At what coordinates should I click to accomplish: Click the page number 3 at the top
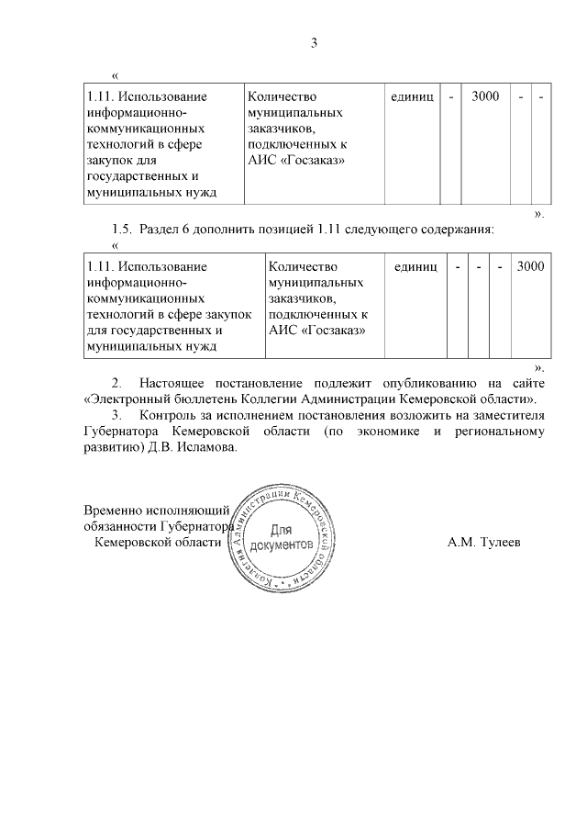[x=313, y=42]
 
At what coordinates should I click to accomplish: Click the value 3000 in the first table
[x=485, y=96]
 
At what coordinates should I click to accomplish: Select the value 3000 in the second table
[x=530, y=266]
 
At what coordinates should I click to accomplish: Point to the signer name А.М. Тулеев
[x=483, y=543]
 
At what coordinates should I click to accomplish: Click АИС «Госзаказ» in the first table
[x=296, y=160]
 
